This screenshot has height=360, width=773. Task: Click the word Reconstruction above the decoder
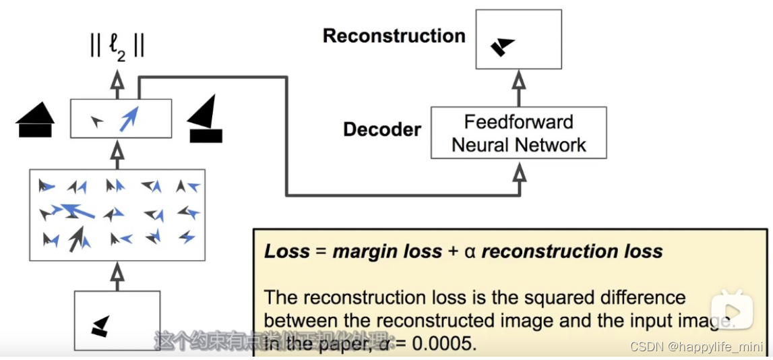(394, 36)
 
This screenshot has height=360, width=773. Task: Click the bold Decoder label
(382, 129)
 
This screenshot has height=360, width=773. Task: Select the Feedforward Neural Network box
(518, 133)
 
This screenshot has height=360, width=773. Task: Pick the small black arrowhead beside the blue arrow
(98, 121)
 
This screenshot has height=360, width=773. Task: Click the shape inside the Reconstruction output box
(501, 47)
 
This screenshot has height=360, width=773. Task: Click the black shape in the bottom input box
(100, 326)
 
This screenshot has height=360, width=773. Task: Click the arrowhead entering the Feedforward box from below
(518, 174)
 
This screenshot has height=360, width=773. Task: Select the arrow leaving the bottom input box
(118, 276)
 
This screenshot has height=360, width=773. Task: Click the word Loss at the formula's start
(286, 252)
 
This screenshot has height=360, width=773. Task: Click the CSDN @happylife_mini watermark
(696, 347)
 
